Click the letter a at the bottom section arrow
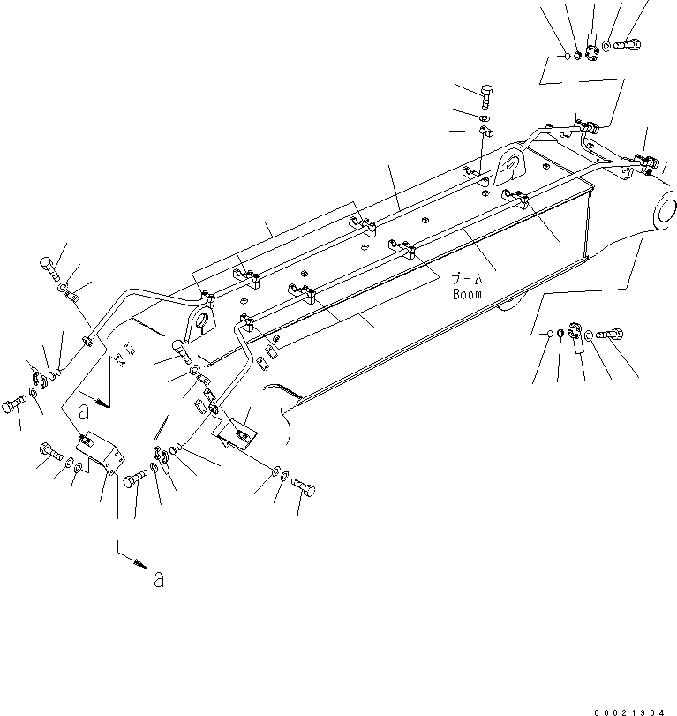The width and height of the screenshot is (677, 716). [x=158, y=580]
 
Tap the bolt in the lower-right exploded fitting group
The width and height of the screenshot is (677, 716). [x=610, y=335]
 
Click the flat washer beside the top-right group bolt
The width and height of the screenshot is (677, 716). [x=608, y=45]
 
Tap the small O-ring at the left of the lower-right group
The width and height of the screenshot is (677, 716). [x=548, y=333]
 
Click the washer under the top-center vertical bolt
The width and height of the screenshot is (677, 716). [x=485, y=117]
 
